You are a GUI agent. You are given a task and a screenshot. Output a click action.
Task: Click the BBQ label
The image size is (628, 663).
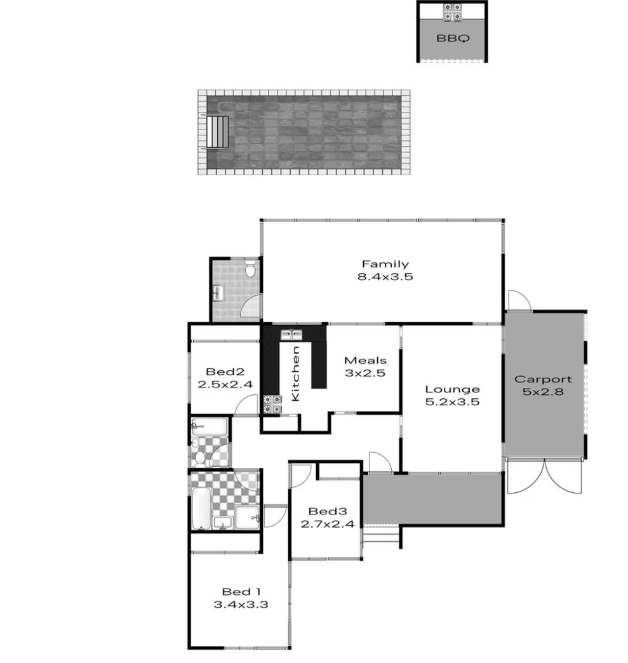tap(453, 38)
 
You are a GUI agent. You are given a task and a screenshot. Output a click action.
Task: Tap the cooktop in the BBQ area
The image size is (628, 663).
tap(453, 13)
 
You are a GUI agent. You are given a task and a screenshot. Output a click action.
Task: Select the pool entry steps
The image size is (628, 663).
tap(218, 131)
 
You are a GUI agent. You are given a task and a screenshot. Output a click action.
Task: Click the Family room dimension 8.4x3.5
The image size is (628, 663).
tap(385, 276)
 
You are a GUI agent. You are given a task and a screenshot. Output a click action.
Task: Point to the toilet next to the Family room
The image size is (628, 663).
tap(250, 271)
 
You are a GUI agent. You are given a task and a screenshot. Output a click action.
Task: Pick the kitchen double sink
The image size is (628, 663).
tap(291, 333)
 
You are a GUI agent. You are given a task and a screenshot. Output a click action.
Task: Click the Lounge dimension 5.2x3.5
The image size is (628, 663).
tap(452, 401)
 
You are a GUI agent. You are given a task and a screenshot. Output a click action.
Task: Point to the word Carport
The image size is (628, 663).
tap(542, 379)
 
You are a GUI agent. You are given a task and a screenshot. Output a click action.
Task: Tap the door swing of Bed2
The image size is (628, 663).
tap(246, 406)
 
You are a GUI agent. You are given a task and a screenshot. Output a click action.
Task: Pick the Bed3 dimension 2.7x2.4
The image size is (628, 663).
tap(326, 524)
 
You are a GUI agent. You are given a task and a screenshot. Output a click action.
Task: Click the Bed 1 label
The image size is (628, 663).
tap(241, 592)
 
